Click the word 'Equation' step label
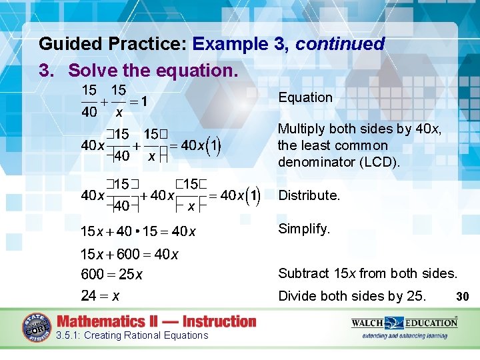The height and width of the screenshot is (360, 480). click(305, 97)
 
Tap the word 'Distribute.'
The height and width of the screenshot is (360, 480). click(309, 195)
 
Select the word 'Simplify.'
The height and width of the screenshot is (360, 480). click(304, 229)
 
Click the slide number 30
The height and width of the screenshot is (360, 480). click(464, 295)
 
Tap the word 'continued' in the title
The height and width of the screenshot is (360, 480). click(340, 44)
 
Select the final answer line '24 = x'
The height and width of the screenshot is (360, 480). click(100, 295)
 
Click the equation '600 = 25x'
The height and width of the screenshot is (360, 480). click(112, 275)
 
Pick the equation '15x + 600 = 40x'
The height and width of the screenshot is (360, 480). click(129, 253)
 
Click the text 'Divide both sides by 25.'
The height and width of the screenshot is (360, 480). click(351, 296)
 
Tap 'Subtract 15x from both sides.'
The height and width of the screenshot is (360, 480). click(367, 273)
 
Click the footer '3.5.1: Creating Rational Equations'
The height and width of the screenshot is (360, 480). click(133, 335)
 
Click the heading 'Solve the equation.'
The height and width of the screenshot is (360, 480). click(153, 69)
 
